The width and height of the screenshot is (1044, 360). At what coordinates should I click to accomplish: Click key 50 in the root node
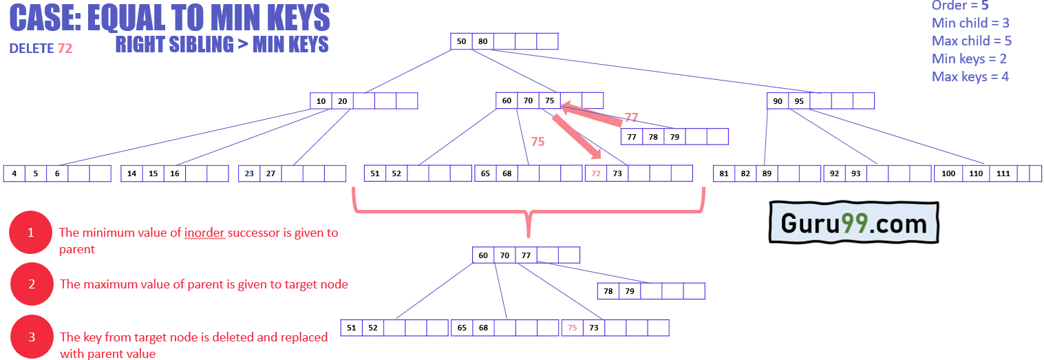[x=461, y=41]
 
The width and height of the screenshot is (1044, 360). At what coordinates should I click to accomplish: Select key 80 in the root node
[x=482, y=41]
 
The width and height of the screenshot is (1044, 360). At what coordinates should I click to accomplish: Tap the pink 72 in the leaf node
[x=596, y=173]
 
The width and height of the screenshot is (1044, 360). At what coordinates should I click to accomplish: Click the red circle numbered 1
[x=31, y=233]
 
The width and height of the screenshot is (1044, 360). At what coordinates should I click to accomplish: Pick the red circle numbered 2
[x=32, y=284]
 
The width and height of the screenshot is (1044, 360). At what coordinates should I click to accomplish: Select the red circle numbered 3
[x=32, y=337]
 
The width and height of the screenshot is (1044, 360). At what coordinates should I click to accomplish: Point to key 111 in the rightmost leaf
[x=1003, y=173]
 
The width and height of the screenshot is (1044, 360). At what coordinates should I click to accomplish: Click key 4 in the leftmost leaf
[x=14, y=173]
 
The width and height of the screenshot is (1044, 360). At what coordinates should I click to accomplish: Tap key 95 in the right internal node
[x=799, y=101]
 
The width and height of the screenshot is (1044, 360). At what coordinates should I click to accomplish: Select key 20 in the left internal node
[x=342, y=101]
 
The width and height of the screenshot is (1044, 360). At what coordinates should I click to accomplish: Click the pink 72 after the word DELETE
[x=65, y=48]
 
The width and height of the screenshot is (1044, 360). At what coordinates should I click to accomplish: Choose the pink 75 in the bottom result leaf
[x=573, y=328]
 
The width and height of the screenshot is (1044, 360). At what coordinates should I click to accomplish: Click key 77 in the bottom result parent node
[x=526, y=255]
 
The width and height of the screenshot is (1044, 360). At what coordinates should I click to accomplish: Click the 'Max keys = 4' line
[x=970, y=76]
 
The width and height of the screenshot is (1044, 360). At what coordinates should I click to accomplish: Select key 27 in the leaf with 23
[x=270, y=173]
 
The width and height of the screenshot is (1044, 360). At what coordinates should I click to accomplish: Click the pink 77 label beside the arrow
[x=631, y=118]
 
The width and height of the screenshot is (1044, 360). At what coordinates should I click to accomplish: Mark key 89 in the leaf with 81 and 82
[x=767, y=173]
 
